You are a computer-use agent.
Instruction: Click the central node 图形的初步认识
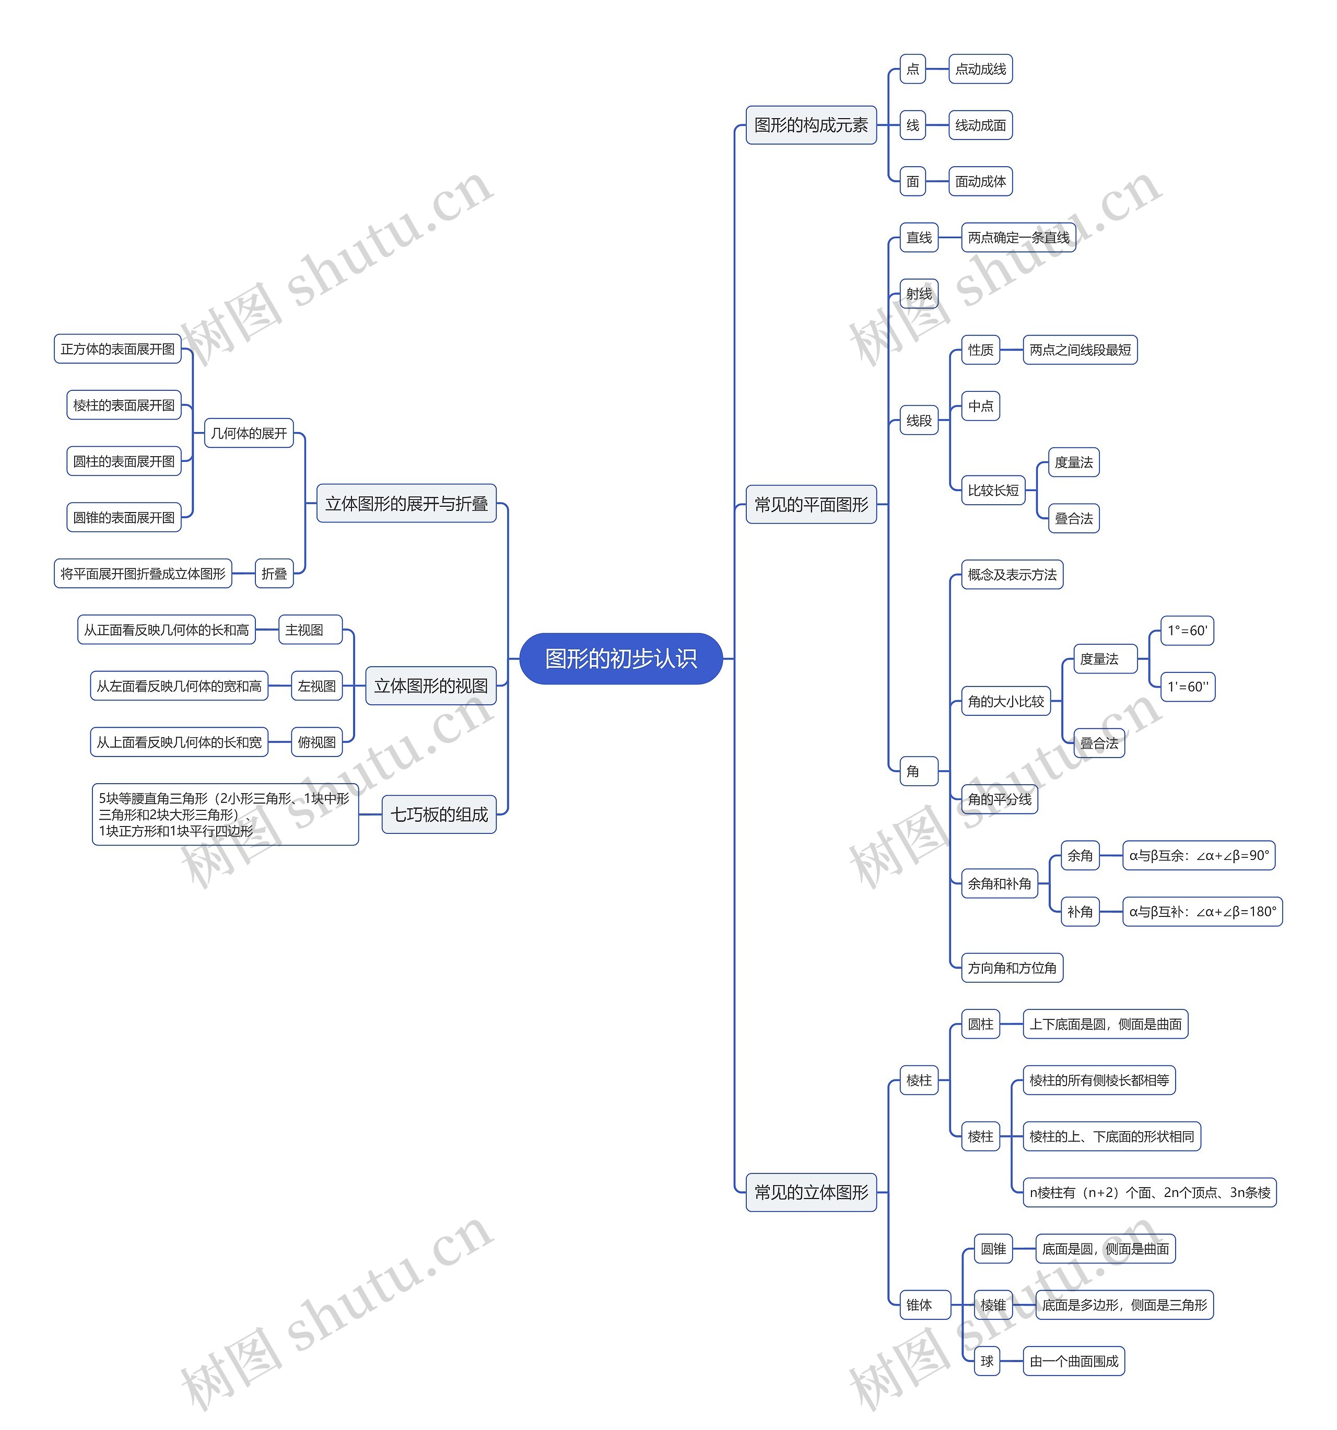(620, 658)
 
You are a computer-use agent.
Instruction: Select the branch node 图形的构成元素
(811, 125)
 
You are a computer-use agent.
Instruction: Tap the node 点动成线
(980, 69)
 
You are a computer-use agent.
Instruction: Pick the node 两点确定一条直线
(1018, 237)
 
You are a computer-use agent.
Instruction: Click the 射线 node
(919, 294)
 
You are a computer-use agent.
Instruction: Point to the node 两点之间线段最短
(1079, 350)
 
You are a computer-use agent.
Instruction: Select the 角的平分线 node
(999, 799)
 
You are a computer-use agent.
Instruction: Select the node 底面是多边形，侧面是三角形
(1123, 1305)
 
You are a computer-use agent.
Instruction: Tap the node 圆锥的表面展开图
(124, 517)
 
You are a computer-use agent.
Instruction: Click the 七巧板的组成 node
(439, 814)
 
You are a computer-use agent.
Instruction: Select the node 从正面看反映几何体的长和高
(166, 630)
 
